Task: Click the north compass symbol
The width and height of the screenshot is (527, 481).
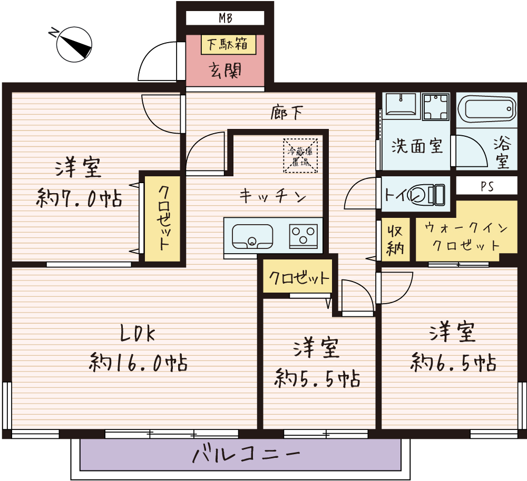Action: pos(74,44)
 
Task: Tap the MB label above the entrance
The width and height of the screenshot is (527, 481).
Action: pos(226,18)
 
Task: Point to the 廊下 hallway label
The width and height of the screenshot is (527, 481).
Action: pos(287,112)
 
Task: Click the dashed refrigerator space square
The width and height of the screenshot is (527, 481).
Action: pos(300,155)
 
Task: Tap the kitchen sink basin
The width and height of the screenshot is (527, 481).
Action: pos(253,236)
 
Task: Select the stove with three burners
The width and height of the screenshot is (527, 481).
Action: pos(304,235)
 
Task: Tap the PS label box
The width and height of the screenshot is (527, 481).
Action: pos(486,187)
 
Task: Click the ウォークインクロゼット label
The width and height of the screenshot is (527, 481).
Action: pos(466,237)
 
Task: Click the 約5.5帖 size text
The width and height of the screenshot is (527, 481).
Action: pos(318,378)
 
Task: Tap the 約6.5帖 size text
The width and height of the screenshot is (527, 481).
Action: pos(453,363)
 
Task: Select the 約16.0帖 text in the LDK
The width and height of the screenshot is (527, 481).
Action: pos(138,362)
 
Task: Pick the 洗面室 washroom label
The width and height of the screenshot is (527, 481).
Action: pos(416,146)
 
